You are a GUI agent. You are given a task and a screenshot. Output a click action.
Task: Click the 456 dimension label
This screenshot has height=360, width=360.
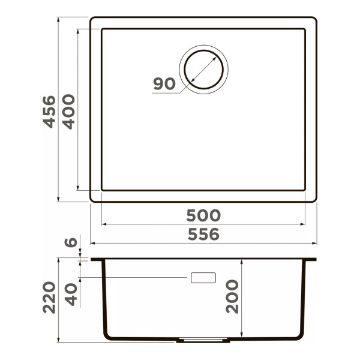click(49, 112)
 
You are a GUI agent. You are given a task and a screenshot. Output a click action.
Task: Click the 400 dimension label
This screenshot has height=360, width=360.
click(69, 112)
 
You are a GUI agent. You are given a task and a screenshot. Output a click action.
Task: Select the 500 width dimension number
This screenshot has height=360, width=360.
click(203, 215)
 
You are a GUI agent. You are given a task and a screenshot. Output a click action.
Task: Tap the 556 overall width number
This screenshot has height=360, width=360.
click(203, 234)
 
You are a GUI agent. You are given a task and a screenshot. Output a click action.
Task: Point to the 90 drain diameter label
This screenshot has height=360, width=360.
click(164, 83)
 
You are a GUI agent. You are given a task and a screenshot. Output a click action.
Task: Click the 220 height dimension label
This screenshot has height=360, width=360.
click(49, 298)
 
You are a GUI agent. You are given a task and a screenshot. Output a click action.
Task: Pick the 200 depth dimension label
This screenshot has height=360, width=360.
click(232, 296)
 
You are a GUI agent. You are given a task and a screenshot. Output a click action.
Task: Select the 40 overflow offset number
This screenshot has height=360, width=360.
click(71, 295)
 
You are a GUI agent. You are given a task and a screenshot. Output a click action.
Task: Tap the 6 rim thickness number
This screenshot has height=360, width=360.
click(71, 242)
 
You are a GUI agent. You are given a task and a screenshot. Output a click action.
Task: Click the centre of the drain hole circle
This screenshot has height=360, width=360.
click(203, 70)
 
